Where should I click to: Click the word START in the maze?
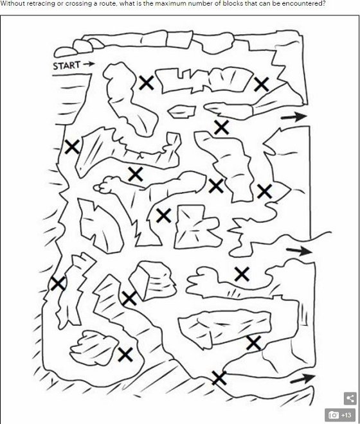point(67,66)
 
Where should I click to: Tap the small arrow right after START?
point(89,64)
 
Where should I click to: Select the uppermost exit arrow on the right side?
point(294,116)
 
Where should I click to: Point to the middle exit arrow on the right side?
point(300,251)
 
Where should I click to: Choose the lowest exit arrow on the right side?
point(303,378)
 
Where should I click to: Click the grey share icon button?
point(350,398)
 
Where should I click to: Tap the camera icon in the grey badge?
point(334,415)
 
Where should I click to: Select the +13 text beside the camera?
point(346,415)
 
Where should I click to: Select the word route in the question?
point(96,4)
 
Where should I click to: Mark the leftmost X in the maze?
point(58,284)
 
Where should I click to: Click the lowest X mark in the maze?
point(219,378)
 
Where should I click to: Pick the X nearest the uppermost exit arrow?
point(261,84)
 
